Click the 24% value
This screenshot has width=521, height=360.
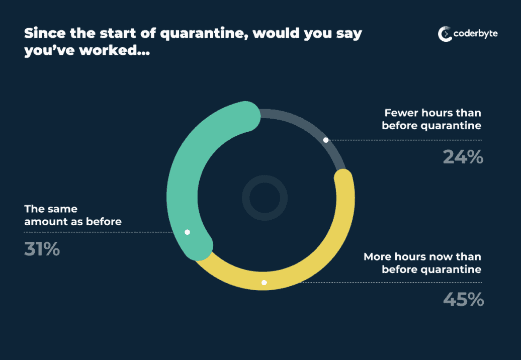click(463, 157)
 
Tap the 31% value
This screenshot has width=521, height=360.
click(42, 249)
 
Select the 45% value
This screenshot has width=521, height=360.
click(464, 299)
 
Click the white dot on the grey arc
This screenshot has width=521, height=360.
click(326, 140)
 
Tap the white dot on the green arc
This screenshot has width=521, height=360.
click(188, 232)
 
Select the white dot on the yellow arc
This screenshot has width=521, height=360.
click(264, 283)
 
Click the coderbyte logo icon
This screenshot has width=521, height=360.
click(445, 34)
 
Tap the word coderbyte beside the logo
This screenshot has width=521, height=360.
click(475, 34)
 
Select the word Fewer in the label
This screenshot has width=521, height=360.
click(401, 113)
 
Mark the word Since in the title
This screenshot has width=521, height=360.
click(45, 33)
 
